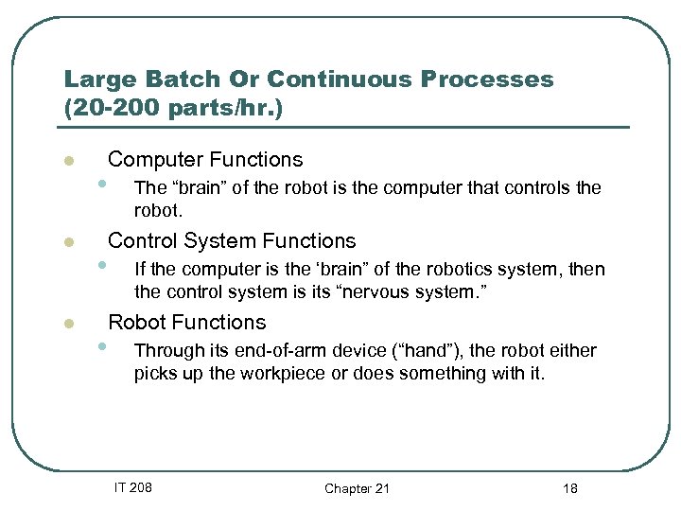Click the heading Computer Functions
tap(205, 159)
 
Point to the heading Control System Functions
tap(232, 240)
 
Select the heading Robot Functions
tap(187, 322)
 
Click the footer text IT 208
tap(132, 487)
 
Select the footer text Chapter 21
tap(357, 488)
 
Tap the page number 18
tap(569, 488)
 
